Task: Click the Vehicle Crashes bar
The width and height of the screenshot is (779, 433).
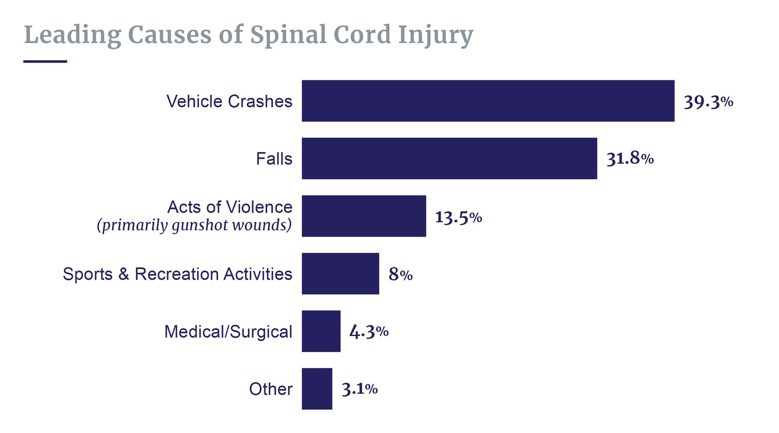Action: click(488, 101)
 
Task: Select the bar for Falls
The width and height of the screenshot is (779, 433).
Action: click(449, 158)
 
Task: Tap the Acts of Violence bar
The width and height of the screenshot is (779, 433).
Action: click(364, 216)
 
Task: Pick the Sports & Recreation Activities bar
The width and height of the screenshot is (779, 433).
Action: click(340, 273)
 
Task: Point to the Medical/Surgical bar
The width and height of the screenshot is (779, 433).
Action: click(321, 331)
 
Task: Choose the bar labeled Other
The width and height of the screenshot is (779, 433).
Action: click(317, 389)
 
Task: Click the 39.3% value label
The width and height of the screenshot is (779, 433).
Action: click(708, 102)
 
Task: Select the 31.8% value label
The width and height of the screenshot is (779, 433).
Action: click(630, 159)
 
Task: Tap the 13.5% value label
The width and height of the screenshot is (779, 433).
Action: click(458, 217)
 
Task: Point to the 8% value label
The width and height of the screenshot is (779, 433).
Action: click(400, 274)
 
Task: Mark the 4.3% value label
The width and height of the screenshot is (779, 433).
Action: click(369, 332)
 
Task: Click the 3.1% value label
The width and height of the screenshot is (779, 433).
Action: click(359, 389)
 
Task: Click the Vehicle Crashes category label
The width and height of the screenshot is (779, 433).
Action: click(229, 101)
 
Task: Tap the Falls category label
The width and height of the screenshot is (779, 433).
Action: click(274, 159)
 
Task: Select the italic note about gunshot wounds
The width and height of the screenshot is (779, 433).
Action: click(194, 226)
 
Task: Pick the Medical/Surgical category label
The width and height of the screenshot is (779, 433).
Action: click(228, 332)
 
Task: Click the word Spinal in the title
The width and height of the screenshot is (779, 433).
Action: click(288, 35)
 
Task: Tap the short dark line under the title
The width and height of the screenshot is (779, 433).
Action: click(45, 61)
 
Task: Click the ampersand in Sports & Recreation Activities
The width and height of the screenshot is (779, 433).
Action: click(124, 274)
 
